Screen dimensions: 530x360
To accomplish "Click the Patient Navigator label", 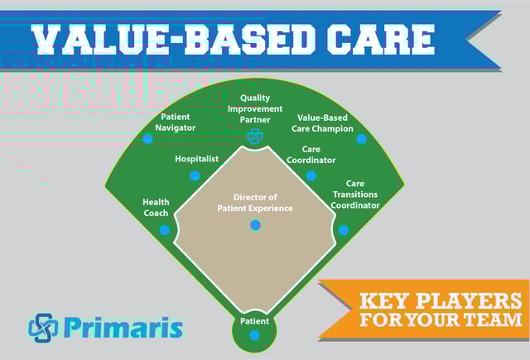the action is point(175,122).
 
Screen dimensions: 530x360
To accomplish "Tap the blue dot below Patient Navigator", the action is point(147,139).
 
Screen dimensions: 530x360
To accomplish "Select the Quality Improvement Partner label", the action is point(255,108).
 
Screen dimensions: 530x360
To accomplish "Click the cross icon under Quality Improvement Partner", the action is point(255,136).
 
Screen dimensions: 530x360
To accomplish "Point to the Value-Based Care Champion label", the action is point(322,123).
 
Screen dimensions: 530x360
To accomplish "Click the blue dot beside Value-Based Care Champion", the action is point(361,139).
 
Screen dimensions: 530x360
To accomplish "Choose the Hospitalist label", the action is point(197,159).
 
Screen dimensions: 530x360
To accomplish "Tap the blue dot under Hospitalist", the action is point(195,175).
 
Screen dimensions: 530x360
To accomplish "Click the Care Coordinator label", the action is point(311,155).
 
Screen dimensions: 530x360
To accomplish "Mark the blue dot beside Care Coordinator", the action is point(311,175).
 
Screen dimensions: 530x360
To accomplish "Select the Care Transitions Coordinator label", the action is point(355,194).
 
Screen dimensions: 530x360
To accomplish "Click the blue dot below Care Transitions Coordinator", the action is point(344,230).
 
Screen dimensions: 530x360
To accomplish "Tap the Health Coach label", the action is point(156,208).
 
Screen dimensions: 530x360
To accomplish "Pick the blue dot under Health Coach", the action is point(165,230).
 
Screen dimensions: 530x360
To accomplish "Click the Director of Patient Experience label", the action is point(255,203).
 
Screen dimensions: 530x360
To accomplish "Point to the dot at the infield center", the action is point(255,225).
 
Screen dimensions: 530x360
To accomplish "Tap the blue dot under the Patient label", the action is point(254,335).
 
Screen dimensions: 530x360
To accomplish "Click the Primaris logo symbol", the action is point(43,328).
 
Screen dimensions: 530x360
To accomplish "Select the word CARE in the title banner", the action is point(380,39).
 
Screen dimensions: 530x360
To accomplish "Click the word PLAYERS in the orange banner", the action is point(470,300).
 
